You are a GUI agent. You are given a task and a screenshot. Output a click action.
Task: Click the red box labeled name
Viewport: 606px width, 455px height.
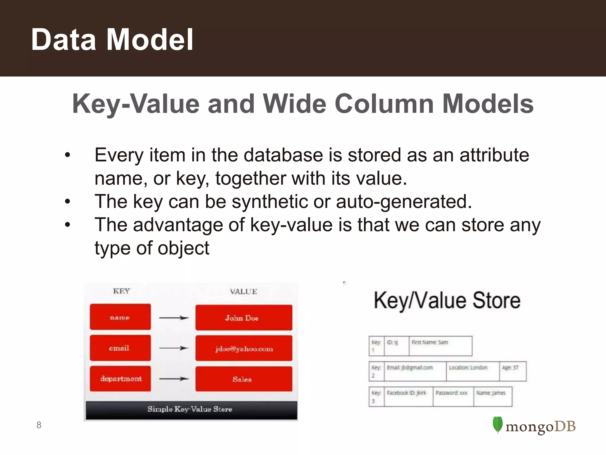(120, 317)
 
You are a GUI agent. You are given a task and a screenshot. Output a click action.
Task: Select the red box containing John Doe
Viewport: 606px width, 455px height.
(244, 318)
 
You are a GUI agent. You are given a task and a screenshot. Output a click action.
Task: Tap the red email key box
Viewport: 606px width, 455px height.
(120, 348)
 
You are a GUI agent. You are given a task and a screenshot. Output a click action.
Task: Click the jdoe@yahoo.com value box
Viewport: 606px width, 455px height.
(244, 348)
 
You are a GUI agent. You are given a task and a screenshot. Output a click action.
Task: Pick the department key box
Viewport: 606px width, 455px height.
(120, 379)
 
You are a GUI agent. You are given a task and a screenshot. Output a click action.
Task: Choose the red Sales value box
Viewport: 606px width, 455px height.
(244, 379)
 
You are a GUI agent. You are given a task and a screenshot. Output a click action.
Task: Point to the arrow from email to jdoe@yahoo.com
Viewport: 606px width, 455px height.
(174, 348)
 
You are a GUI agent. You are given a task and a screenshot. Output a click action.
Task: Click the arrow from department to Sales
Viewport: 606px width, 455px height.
(174, 379)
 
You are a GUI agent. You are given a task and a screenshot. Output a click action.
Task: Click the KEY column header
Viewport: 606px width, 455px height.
(121, 291)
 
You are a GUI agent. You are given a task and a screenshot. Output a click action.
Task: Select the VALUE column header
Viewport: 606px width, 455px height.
(243, 291)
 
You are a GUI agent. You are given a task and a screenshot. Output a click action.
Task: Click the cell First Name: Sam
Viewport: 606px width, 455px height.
(440, 346)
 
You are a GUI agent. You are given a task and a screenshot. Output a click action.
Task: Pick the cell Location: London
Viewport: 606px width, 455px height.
(472, 371)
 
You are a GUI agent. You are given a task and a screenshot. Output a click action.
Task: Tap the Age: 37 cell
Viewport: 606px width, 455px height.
(512, 371)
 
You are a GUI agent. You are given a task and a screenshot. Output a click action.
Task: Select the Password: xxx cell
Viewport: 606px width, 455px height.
(453, 396)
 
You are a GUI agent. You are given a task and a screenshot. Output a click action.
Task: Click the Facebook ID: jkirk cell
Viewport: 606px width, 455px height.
(408, 396)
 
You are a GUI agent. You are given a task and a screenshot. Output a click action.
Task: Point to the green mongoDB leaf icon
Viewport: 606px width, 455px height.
(497, 425)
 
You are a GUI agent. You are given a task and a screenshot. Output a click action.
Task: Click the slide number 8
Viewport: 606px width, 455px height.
(39, 425)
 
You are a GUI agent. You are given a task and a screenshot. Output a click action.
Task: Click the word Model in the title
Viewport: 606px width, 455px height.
(149, 39)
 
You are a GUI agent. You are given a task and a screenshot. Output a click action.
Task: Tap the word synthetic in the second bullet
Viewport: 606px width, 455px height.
(270, 201)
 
